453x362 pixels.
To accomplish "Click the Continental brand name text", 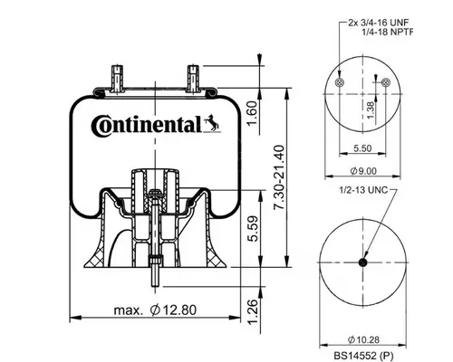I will (x=145, y=125).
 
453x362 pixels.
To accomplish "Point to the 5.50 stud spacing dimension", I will (x=361, y=147).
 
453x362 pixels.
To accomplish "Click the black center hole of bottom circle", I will (x=361, y=263).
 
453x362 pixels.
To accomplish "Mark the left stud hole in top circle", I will (x=338, y=83).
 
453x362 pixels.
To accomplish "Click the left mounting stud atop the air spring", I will (x=118, y=74).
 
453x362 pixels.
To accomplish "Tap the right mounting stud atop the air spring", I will (x=192, y=74).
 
